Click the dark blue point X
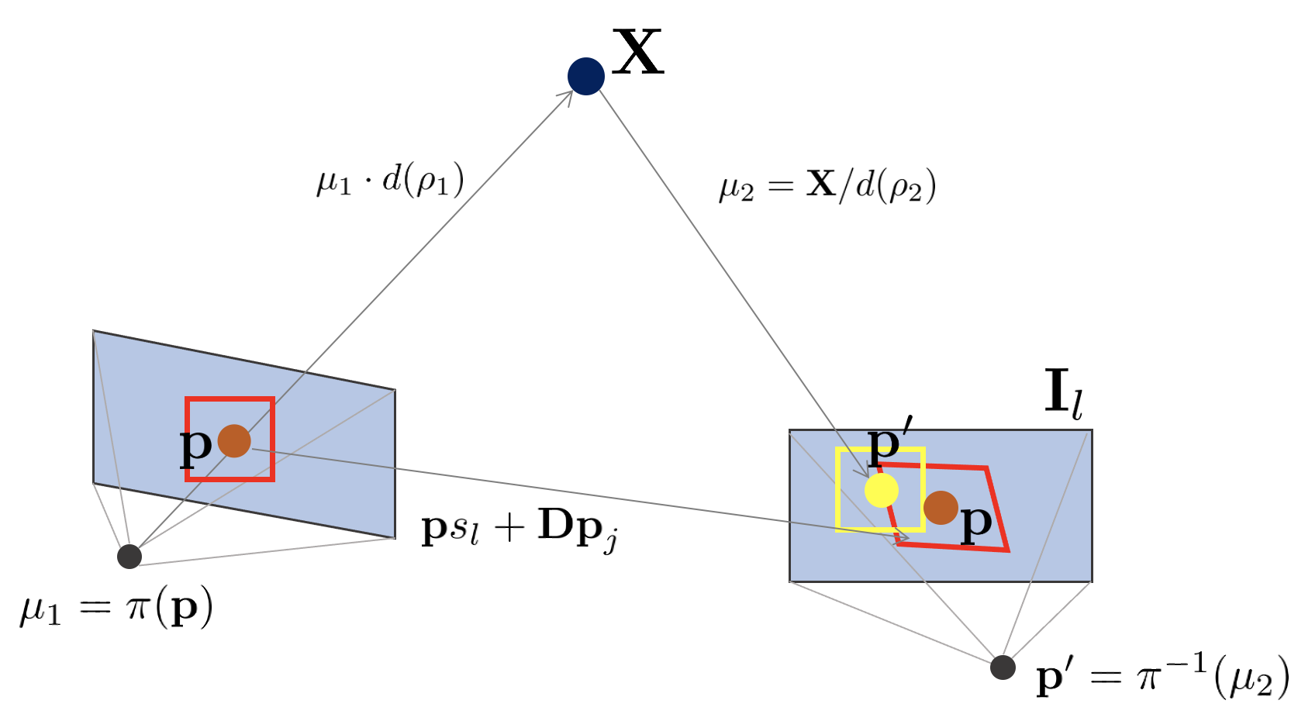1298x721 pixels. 586,76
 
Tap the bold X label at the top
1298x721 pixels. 637,52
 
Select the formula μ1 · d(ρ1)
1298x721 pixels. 390,180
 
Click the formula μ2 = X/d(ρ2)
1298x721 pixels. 827,186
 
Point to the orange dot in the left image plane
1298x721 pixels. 234,441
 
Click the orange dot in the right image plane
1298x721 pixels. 941,508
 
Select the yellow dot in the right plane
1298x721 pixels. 882,491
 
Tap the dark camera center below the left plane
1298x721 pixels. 129,556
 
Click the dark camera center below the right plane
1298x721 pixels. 1003,667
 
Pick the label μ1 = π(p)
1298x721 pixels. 116,609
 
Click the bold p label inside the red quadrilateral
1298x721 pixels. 976,522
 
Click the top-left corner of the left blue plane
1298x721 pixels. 94,332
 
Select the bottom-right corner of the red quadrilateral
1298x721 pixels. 1007,550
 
